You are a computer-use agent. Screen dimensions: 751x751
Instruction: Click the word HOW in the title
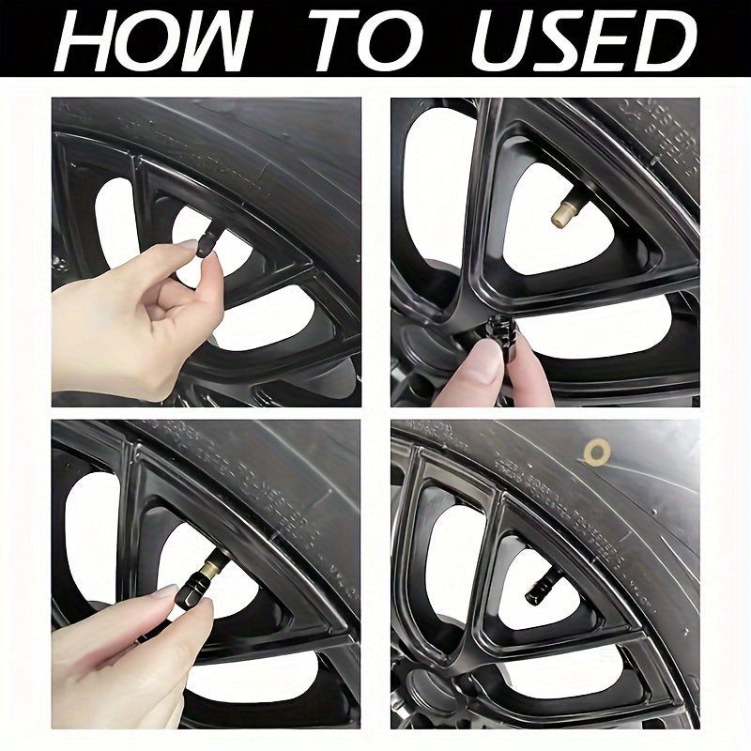coord(155,39)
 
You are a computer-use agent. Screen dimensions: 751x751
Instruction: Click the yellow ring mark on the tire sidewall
coord(594,452)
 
